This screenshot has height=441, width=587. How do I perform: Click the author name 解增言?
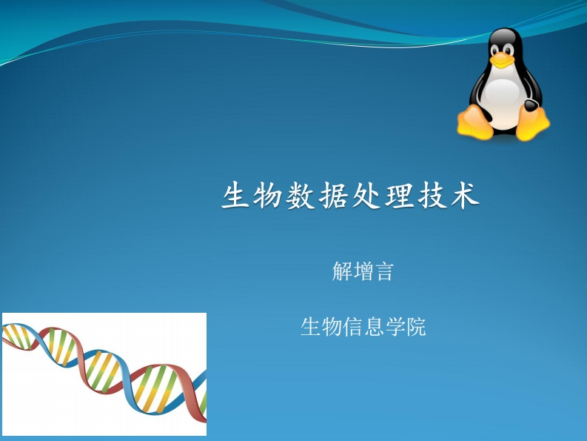click(363, 271)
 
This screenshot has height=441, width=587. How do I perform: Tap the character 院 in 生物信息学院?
click(416, 327)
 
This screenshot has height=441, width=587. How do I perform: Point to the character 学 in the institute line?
click(395, 327)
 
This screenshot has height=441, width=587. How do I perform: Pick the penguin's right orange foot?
click(533, 124)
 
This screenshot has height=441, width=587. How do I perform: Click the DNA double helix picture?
click(104, 374)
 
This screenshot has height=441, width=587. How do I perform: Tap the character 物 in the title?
click(267, 196)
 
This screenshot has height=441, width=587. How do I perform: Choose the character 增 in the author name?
click(363, 271)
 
